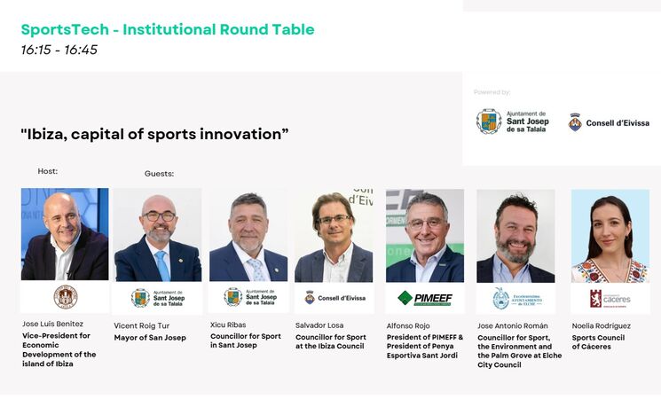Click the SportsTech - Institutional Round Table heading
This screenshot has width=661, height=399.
coord(168,29)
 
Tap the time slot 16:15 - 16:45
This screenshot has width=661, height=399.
coord(59,50)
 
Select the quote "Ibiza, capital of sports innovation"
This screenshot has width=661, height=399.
coord(154,135)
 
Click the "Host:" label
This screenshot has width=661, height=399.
coord(48,171)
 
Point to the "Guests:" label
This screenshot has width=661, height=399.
coord(160,174)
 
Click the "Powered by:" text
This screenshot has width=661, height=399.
coord(492,92)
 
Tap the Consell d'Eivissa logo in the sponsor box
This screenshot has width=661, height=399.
coord(609,122)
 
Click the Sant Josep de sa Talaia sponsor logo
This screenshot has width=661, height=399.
coord(513,121)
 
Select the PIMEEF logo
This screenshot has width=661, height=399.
coord(425,298)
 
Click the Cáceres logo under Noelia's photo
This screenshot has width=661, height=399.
coord(610,299)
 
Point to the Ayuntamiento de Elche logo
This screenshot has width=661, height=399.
coord(517,299)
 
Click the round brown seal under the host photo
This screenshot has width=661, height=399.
coord(66,297)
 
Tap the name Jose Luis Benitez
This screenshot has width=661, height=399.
coord(52,324)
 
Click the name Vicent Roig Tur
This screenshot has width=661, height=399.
coord(142,325)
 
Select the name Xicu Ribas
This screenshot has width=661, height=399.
coord(228,325)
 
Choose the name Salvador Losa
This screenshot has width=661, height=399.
coord(319,325)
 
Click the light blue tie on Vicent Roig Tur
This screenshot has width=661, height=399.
coord(162,265)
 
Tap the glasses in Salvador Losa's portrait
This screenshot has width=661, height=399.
coord(334,219)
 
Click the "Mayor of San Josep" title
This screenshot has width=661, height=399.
coord(150,338)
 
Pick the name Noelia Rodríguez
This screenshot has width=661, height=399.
coord(602,325)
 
